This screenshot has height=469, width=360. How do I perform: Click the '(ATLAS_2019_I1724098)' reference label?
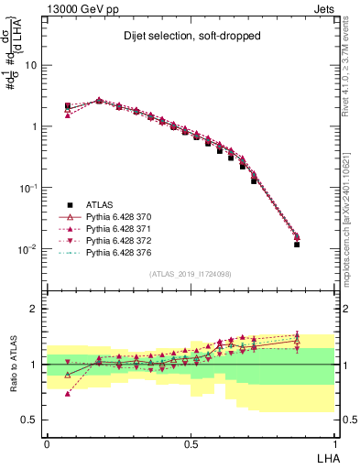click(x=191, y=274)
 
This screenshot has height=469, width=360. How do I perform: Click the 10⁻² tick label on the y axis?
click(x=28, y=249)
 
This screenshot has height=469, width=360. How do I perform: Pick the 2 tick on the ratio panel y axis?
click(x=35, y=309)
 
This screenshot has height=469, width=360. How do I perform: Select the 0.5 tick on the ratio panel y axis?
click(x=31, y=420)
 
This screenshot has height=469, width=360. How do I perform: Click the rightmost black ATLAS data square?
click(x=297, y=245)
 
